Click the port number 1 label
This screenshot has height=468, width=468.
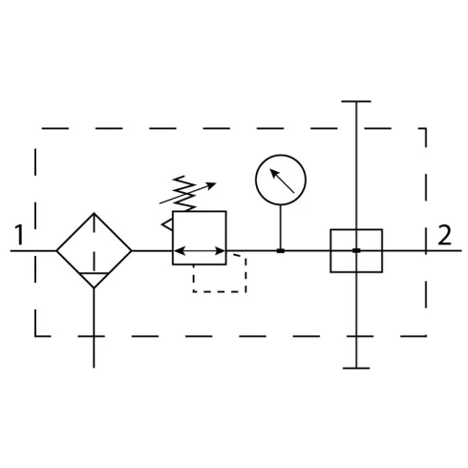[20, 235]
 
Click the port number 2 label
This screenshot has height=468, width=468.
[444, 235]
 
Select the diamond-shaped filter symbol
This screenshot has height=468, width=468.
[94, 250]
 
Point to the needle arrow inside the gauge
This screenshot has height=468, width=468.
[282, 181]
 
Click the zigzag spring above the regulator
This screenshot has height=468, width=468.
[184, 193]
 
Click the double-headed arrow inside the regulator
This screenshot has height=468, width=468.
[200, 251]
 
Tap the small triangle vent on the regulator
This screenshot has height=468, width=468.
[167, 224]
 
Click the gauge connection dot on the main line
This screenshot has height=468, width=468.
[281, 251]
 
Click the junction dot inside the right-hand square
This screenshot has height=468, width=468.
[356, 250]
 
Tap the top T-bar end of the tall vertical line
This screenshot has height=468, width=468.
[356, 101]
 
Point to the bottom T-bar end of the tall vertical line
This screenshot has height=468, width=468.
[356, 368]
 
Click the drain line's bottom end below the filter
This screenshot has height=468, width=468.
[94, 368]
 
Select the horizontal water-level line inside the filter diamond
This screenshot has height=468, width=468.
[94, 273]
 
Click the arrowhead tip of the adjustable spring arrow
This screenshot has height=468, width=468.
[216, 183]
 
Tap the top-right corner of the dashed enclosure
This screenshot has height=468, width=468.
[426, 129]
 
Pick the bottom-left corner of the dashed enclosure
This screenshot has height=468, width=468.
[35, 335]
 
